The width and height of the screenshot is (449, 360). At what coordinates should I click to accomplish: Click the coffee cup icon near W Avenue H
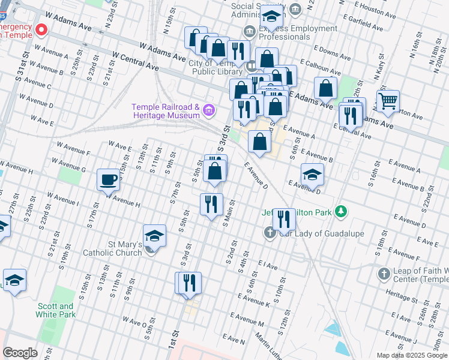tap(109, 179)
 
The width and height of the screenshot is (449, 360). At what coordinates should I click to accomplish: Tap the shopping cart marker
tap(388, 101)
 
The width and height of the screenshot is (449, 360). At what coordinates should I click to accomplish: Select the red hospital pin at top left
tap(41, 29)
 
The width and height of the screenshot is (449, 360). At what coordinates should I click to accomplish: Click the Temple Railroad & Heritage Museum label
tap(165, 111)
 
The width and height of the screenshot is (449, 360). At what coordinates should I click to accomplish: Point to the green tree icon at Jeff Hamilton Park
tap(341, 211)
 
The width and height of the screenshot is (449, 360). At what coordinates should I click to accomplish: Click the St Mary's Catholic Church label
tap(125, 248)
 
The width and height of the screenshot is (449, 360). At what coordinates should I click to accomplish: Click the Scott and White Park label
tap(55, 310)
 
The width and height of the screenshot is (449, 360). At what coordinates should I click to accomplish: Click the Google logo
tap(20, 353)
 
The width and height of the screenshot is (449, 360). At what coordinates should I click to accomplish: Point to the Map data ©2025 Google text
tap(411, 355)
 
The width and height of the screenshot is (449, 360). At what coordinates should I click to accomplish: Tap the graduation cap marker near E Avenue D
tap(312, 174)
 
